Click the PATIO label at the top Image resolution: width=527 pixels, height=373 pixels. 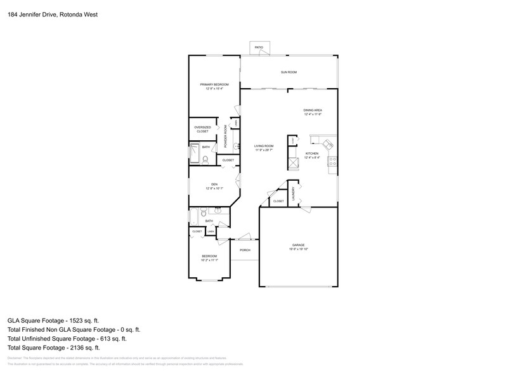(259, 48)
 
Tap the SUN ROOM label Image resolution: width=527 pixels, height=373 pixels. (289, 72)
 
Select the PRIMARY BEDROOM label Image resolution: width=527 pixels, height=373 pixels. (214, 85)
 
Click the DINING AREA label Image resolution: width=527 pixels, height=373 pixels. (313, 110)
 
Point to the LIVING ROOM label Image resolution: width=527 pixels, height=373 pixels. (264, 147)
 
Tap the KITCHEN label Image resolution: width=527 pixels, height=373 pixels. (312, 154)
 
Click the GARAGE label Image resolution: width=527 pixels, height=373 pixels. (299, 245)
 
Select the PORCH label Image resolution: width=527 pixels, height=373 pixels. (245, 250)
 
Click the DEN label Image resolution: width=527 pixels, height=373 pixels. (214, 184)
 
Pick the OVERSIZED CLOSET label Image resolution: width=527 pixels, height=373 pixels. (202, 129)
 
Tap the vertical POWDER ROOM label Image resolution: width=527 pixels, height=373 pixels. (226, 136)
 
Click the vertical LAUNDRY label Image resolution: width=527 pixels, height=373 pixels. (293, 193)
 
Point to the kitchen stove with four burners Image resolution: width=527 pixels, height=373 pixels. (332, 162)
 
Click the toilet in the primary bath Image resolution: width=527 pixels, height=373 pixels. (205, 160)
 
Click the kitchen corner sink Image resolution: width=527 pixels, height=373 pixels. (328, 144)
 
